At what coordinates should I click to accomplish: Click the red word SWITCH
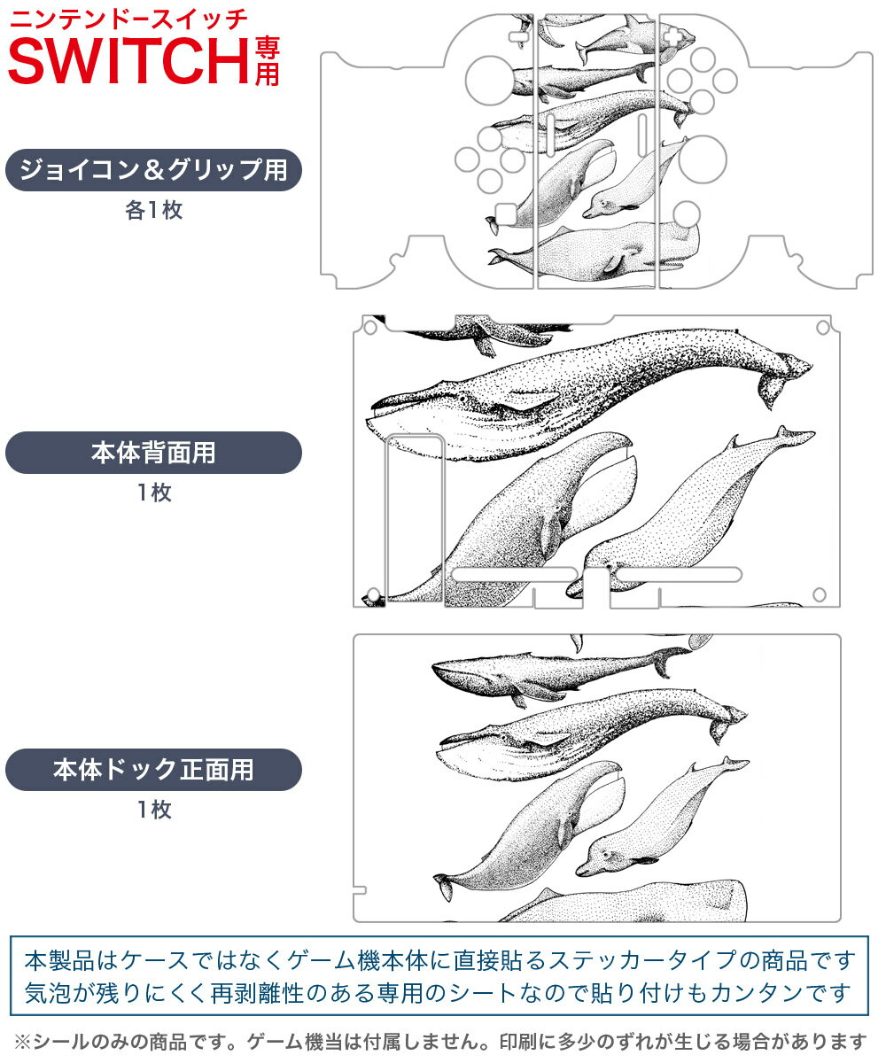click(128, 58)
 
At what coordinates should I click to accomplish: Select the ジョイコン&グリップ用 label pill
click(153, 169)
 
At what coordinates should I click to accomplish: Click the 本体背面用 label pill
click(153, 453)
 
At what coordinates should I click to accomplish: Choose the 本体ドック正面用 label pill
click(153, 769)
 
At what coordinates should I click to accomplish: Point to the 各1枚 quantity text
click(153, 211)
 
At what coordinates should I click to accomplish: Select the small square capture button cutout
click(504, 213)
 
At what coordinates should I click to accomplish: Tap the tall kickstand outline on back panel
click(414, 518)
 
